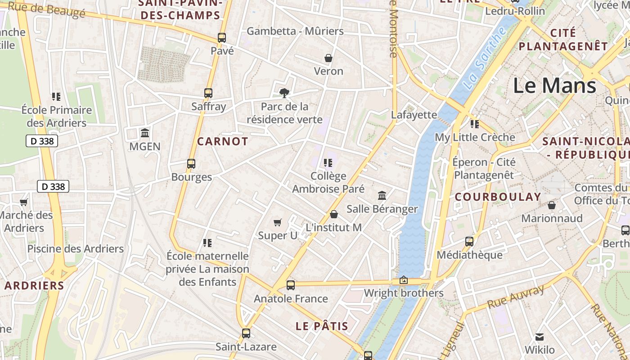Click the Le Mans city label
554,85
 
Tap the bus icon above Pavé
222,38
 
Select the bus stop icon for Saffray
208,93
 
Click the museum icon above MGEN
145,133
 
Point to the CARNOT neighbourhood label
223,141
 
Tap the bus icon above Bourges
191,164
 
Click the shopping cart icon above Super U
278,222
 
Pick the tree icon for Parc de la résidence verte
284,93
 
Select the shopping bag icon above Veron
328,58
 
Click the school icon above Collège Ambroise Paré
328,163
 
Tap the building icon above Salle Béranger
382,196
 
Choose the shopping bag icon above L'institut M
333,214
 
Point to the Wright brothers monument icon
404,280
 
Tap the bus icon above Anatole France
291,285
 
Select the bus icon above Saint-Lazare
246,333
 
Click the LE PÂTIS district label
322,326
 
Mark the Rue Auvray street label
516,297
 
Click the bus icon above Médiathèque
469,242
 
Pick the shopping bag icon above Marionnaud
551,205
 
